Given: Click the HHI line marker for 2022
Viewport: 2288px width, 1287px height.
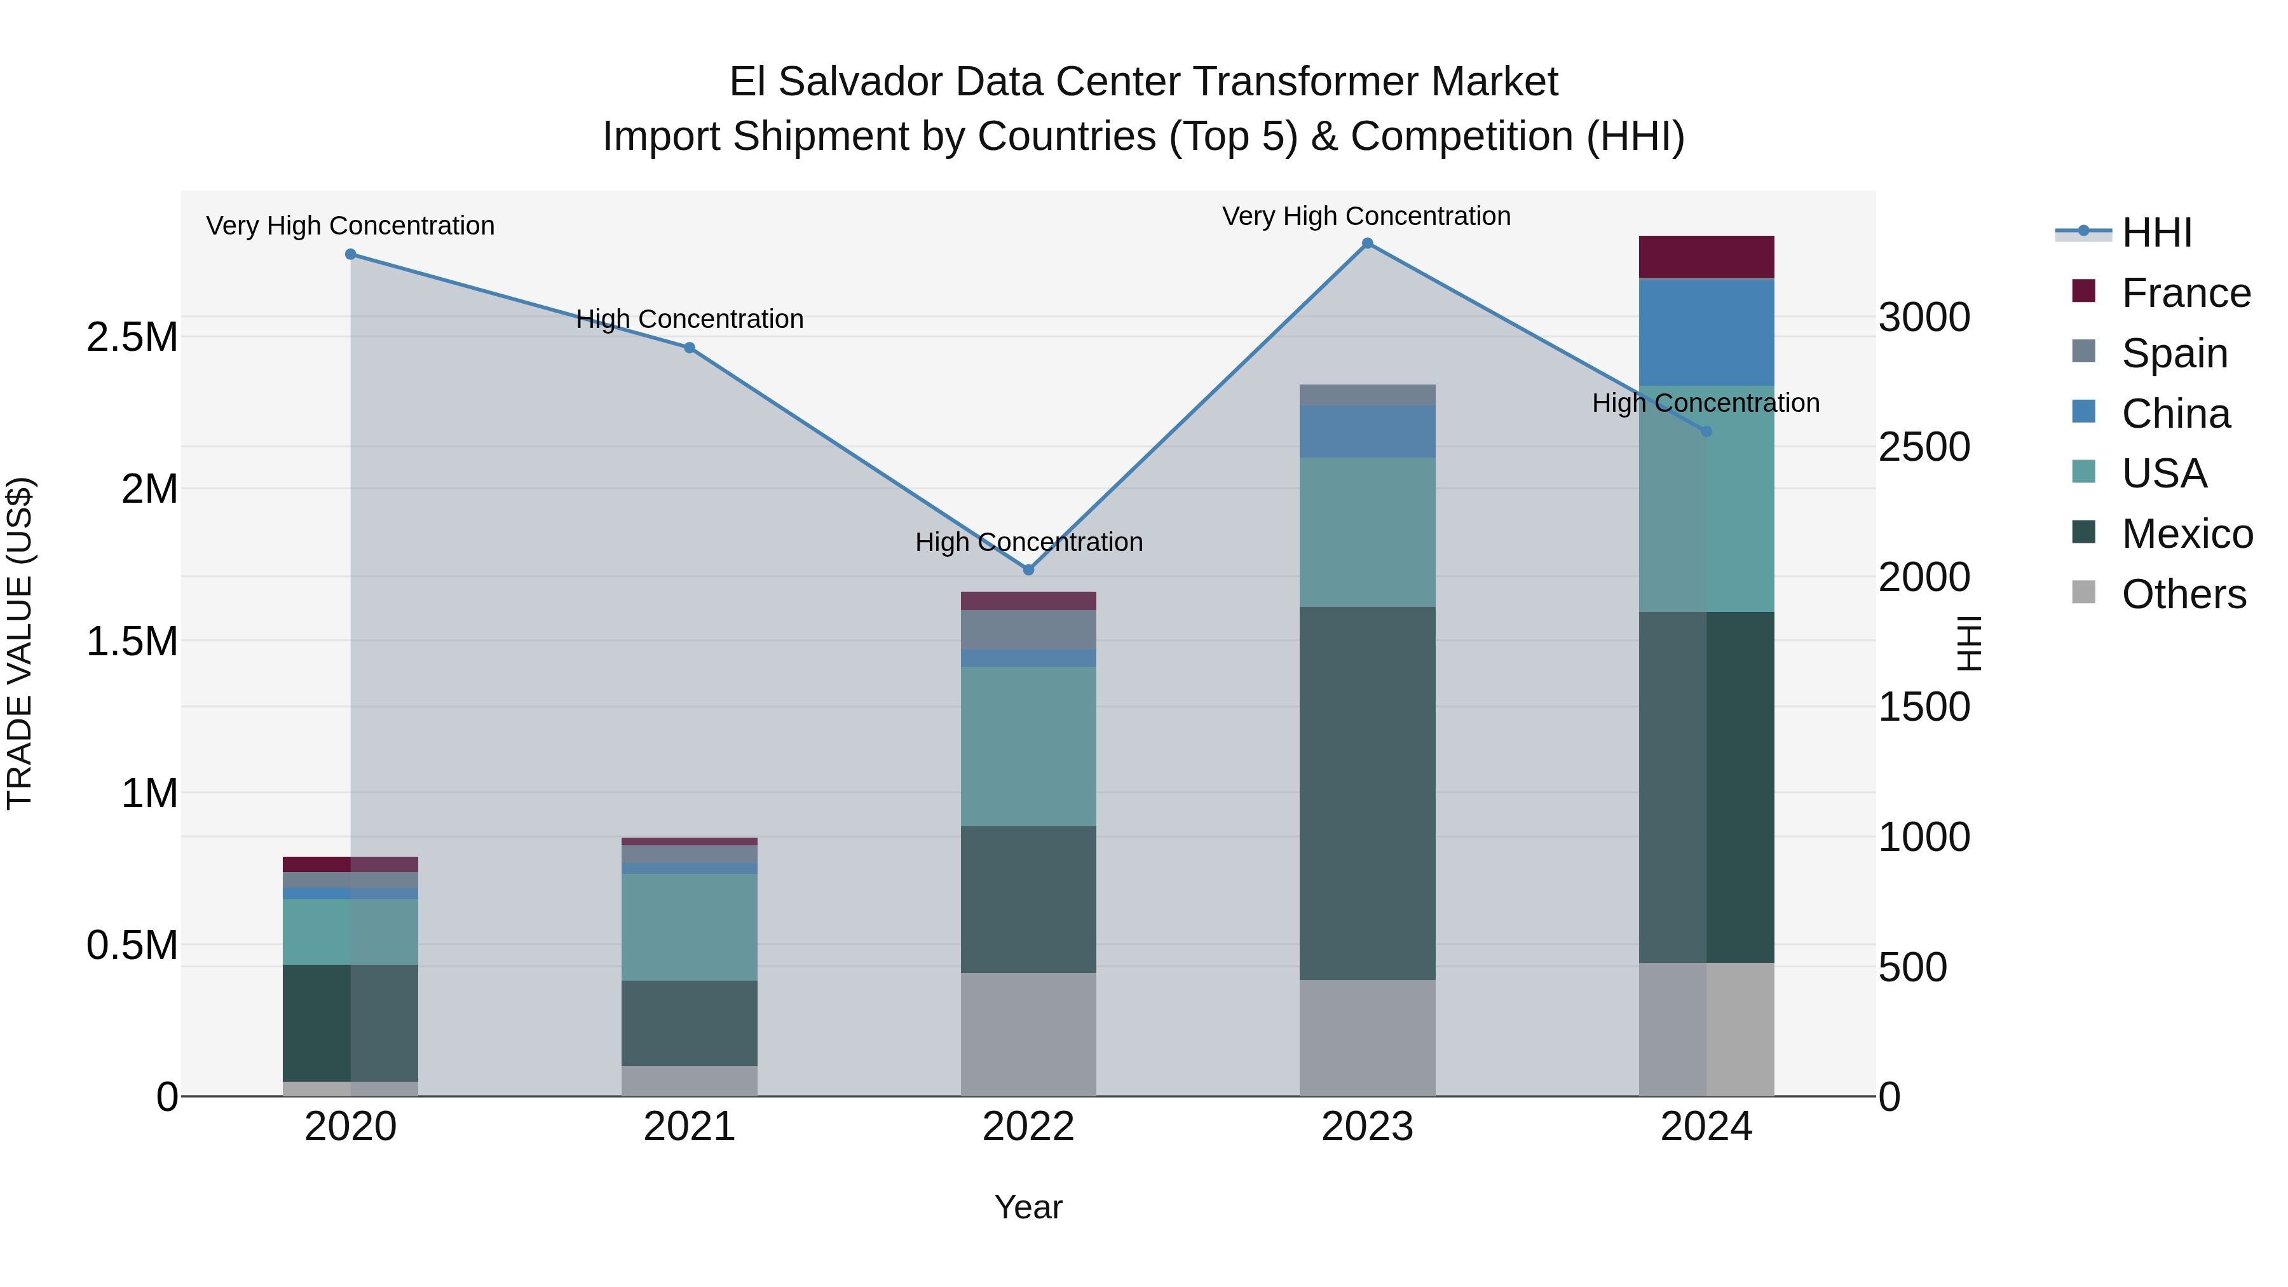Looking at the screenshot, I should coord(1028,570).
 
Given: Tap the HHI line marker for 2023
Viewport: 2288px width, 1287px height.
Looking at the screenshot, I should coord(1368,243).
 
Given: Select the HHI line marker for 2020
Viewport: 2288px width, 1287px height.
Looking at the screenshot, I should coord(351,254).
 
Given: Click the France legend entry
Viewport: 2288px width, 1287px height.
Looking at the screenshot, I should coord(2185,293).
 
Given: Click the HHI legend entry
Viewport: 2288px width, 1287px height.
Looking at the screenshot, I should coord(2156,233).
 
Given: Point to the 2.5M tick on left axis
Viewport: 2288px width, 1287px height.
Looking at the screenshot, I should coord(132,337).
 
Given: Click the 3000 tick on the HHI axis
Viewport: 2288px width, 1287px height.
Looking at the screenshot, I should coord(1924,317).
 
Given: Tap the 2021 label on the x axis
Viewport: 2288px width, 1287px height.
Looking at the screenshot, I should coord(689,1127).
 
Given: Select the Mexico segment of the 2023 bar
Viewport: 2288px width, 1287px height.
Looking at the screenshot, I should coord(1368,793).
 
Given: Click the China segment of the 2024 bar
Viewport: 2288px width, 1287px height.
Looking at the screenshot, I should coord(1706,332).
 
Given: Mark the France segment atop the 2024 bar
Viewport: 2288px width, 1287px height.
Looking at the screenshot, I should coord(1706,257).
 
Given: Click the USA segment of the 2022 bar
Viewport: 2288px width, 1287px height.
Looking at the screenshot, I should coord(1028,746).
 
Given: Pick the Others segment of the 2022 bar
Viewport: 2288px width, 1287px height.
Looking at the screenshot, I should coord(1028,1034).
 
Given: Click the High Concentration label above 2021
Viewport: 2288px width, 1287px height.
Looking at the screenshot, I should coord(689,319).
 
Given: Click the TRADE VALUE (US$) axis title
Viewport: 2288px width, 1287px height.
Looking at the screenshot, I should coord(20,643).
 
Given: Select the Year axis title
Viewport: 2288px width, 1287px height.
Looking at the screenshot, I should coord(1028,1207).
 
